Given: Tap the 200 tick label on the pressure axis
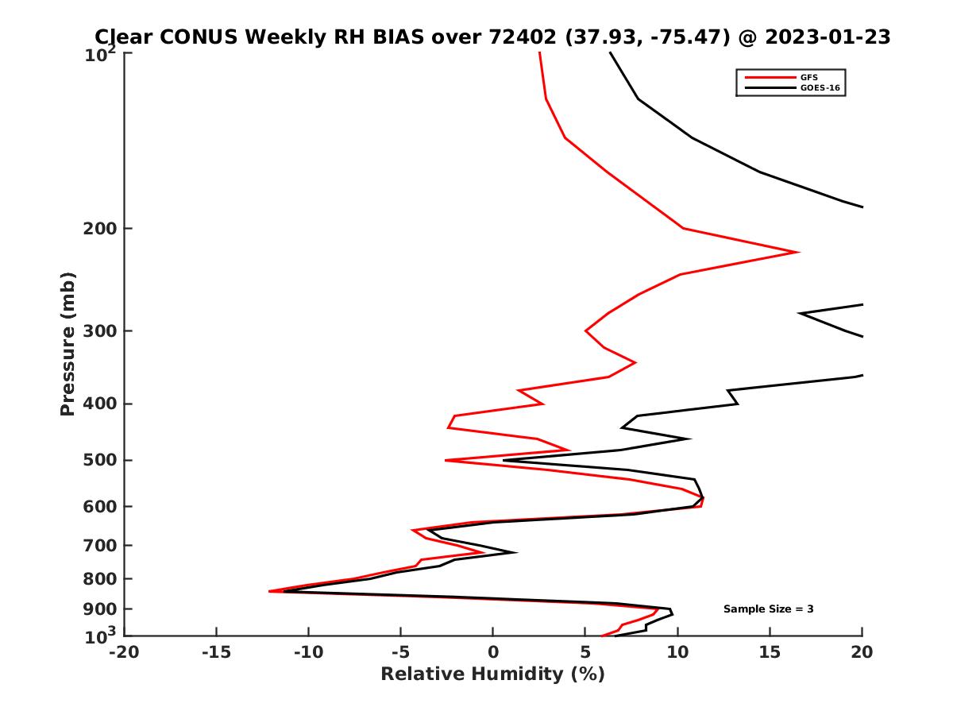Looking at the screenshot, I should pos(101,229).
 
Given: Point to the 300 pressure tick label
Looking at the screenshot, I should pos(101,330).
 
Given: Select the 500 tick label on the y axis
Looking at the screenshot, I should pos(101,460).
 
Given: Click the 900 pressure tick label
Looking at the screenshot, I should pos(101,609).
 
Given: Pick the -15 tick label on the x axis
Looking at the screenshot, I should pos(216,653).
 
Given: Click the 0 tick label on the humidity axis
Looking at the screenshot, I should pos(493,653).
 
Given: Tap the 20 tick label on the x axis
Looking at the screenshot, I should pos(862,653).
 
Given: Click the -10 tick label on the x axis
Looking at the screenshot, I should pos(308,653).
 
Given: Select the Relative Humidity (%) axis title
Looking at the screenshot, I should pos(492,674).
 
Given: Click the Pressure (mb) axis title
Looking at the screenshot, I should pos(68,344).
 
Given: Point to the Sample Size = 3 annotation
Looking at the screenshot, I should pos(768,609).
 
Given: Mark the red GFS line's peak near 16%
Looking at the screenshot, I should pos(798,253).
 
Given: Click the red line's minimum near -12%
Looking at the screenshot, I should pos(270,591).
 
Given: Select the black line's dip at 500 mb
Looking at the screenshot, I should pos(504,461).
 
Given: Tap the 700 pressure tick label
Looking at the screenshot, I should pos(101,545).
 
